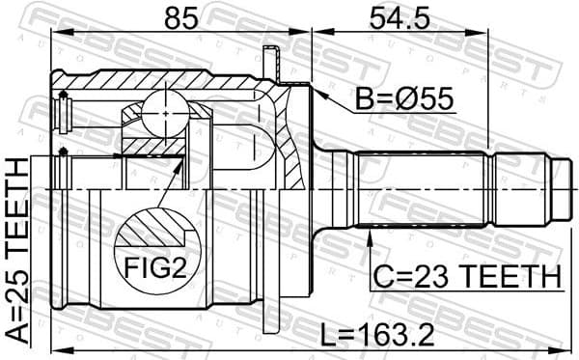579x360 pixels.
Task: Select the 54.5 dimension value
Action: pyautogui.click(x=397, y=18)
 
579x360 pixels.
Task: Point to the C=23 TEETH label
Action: pyautogui.click(x=466, y=276)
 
